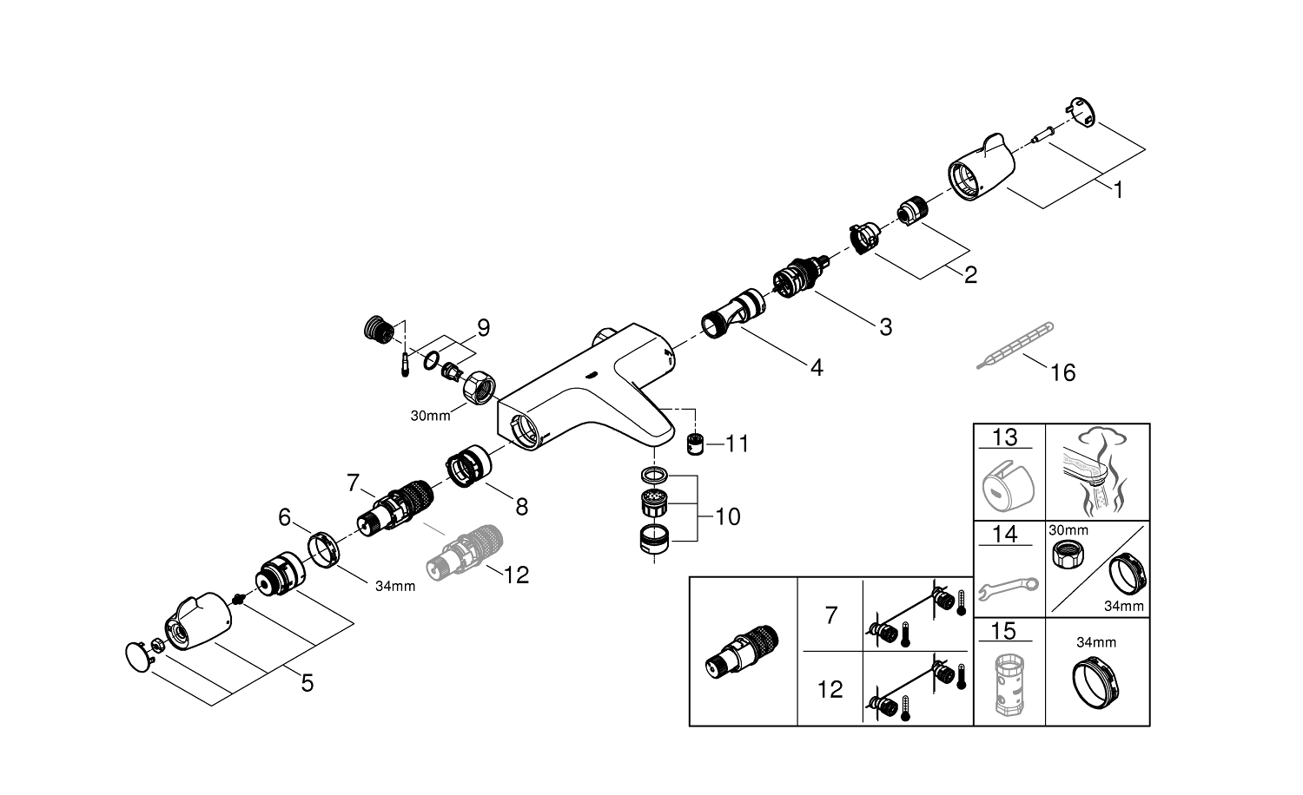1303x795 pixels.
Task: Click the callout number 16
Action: coord(1062,373)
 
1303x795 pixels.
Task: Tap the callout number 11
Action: coord(737,443)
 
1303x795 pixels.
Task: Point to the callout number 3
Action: coord(885,327)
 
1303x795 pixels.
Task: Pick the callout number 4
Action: coord(816,368)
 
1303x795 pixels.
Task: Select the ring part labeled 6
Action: coord(323,549)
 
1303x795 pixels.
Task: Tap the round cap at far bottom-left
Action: coord(137,656)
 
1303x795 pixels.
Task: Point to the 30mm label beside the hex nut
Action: coord(431,415)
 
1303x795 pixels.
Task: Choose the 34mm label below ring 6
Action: coord(394,586)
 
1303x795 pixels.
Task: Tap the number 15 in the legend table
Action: coord(1004,631)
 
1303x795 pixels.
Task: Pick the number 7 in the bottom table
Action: coord(830,615)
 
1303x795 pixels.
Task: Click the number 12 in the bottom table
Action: coord(830,690)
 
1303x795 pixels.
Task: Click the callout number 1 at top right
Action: coord(1119,189)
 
